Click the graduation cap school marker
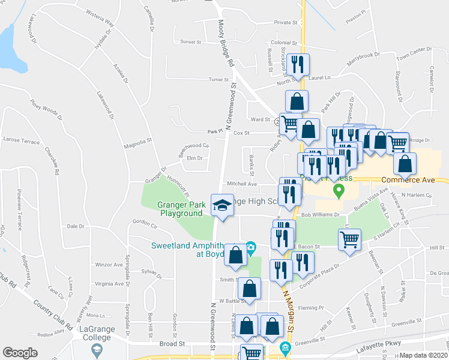click(x=221, y=205)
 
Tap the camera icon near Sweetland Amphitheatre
click(x=251, y=247)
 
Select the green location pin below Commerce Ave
click(x=339, y=191)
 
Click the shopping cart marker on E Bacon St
click(x=349, y=239)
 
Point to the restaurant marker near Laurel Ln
click(x=298, y=64)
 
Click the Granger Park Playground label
click(x=180, y=209)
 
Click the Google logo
click(x=20, y=353)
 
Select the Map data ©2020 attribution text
click(x=424, y=355)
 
